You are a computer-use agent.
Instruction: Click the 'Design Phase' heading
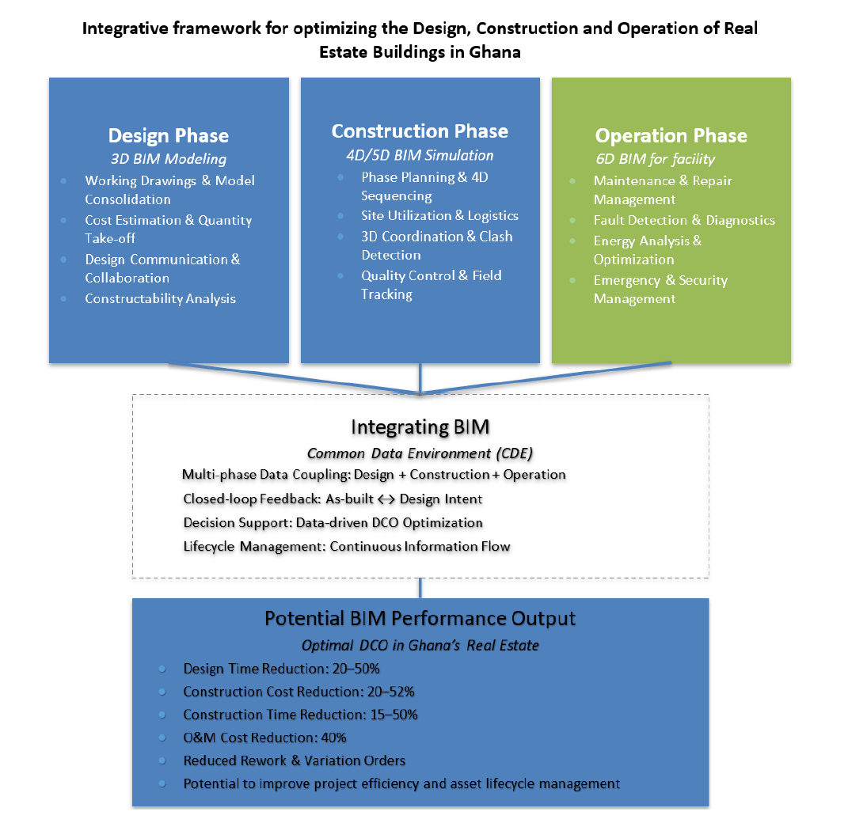(168, 135)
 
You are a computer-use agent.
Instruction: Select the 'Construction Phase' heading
(420, 131)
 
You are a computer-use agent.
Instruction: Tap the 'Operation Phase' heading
(671, 135)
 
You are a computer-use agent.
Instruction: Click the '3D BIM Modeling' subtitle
(168, 159)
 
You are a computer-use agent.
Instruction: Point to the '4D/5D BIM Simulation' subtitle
(420, 155)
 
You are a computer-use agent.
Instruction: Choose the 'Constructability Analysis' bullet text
(160, 298)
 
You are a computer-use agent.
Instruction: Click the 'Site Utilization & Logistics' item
(439, 216)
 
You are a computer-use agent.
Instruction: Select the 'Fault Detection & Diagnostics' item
(684, 220)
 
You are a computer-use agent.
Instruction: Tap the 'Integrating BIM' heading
(420, 427)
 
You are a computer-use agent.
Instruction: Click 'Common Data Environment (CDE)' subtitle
(420, 453)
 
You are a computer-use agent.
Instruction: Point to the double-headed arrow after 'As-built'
(386, 499)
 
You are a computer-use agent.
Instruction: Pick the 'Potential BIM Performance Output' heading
(420, 619)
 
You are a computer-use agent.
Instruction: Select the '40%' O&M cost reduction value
(333, 738)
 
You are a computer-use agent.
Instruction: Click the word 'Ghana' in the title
(494, 52)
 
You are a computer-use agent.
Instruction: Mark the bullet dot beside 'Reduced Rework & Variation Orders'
(162, 760)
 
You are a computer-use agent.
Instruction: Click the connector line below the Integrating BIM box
(420, 588)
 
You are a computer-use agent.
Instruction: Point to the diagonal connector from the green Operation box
(546, 378)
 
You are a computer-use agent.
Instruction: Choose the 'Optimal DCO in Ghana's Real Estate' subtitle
(420, 645)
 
